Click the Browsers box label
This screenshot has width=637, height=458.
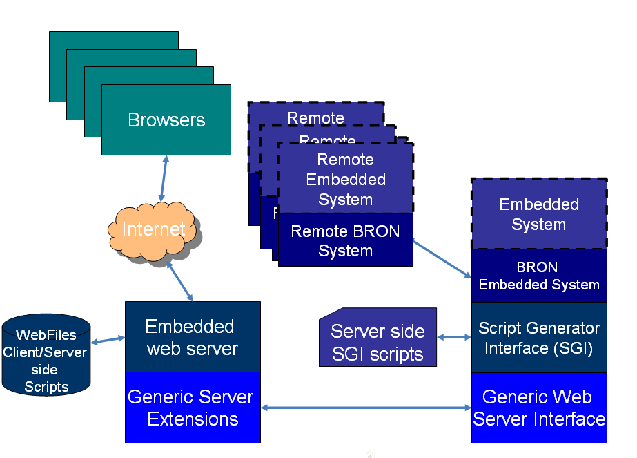point(166,120)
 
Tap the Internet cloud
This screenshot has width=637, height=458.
point(153,229)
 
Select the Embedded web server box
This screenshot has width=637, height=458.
point(193,337)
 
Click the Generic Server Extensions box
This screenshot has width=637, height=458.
point(193,408)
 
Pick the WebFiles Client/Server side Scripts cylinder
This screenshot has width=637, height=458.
point(46,356)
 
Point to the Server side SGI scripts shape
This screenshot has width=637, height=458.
point(378,342)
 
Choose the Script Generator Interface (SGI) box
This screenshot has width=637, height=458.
point(538,338)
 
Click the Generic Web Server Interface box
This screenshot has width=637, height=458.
point(538,408)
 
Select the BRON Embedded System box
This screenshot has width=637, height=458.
point(538,276)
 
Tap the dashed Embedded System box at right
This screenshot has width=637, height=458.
point(538,214)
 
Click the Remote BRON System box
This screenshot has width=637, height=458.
point(345,240)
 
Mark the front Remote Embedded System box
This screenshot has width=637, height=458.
point(345,180)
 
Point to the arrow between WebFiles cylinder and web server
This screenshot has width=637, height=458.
point(108,340)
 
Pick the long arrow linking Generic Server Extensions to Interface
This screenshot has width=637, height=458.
point(366,408)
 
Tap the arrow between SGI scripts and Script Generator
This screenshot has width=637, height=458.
point(454,338)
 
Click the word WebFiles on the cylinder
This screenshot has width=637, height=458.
point(46,335)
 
